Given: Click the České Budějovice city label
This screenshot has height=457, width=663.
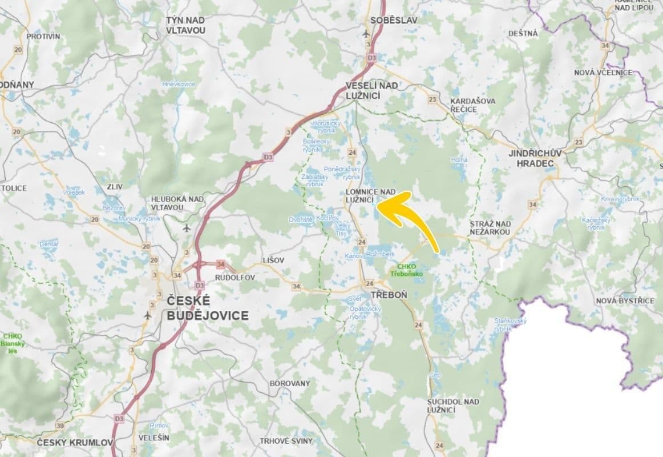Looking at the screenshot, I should pyautogui.click(x=207, y=308).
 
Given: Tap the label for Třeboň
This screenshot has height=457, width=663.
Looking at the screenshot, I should pyautogui.click(x=389, y=295).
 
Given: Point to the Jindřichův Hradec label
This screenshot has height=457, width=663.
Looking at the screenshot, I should pyautogui.click(x=535, y=158).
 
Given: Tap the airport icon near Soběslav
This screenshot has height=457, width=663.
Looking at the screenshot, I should pyautogui.click(x=366, y=33).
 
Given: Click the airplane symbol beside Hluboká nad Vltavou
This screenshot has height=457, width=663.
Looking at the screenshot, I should pyautogui.click(x=187, y=228).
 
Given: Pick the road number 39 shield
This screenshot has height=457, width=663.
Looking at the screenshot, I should pyautogui.click(x=60, y=426).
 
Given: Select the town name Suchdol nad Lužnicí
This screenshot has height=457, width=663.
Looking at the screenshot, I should pyautogui.click(x=453, y=406).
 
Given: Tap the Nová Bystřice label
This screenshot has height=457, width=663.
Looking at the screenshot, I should pyautogui.click(x=625, y=300).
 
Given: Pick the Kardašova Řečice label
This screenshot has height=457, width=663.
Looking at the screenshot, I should pyautogui.click(x=472, y=105).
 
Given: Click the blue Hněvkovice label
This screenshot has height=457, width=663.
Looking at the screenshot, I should pyautogui.click(x=178, y=84).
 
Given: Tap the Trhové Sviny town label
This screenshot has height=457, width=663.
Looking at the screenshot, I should pyautogui.click(x=286, y=441).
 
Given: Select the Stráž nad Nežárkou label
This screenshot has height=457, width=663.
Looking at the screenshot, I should pyautogui.click(x=490, y=227).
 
